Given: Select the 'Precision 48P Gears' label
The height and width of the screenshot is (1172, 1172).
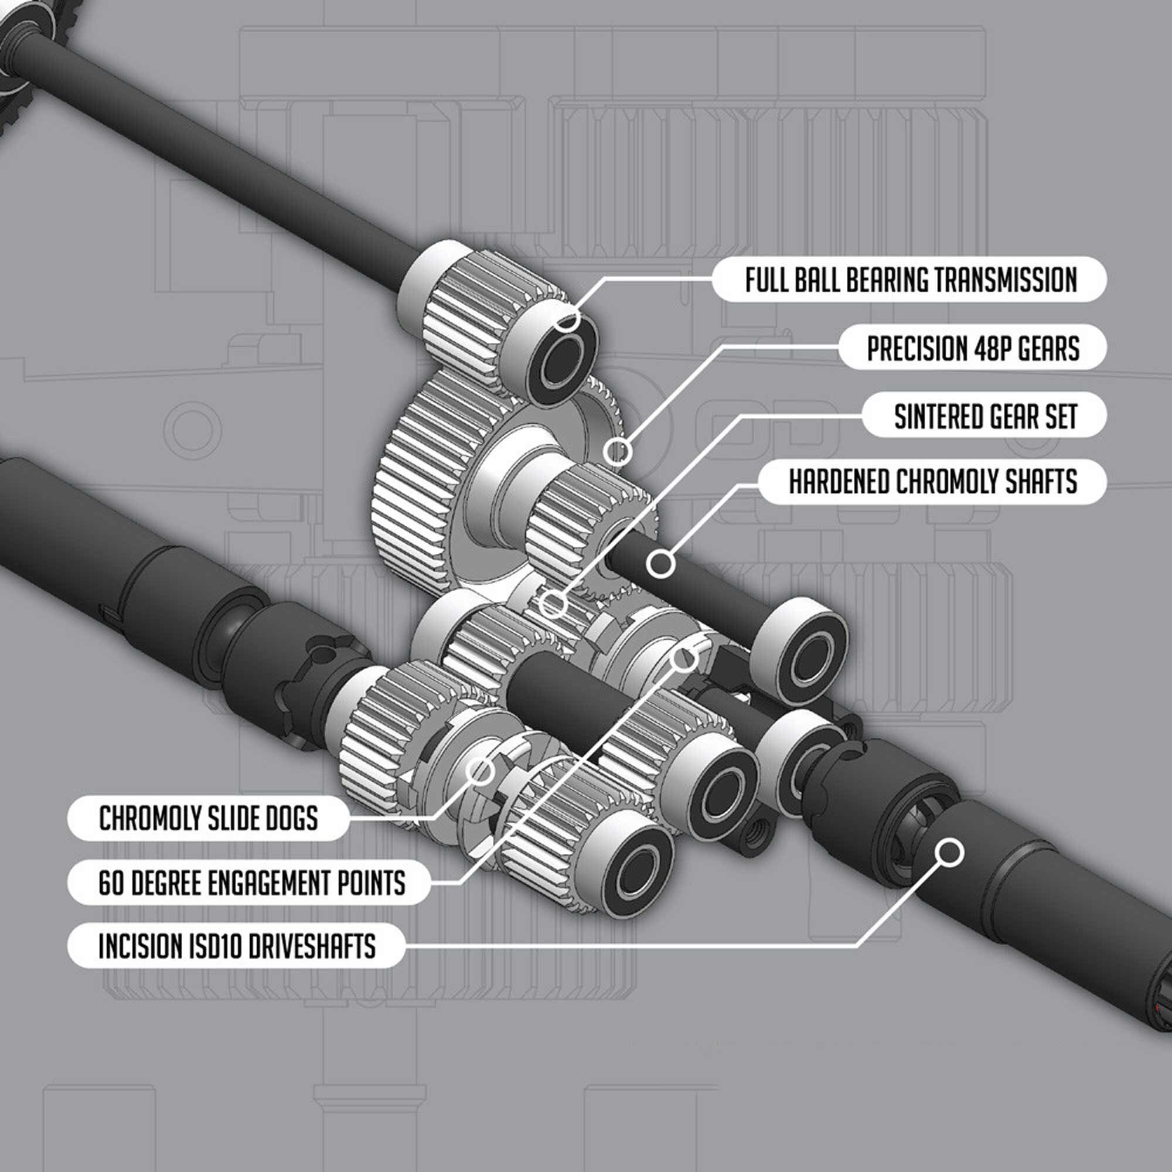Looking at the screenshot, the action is (972, 348).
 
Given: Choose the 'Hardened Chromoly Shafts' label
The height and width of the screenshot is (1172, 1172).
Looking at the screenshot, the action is (932, 482).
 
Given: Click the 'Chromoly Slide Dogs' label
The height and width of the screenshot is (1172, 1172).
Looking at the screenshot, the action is (209, 818).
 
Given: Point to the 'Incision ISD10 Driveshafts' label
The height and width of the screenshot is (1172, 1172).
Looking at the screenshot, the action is (236, 946).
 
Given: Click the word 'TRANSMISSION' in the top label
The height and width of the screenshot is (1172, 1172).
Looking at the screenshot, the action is (1005, 280).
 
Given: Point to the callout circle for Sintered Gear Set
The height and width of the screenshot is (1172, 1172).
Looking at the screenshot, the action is (552, 604).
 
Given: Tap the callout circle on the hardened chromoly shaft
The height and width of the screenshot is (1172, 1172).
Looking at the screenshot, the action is (660, 564).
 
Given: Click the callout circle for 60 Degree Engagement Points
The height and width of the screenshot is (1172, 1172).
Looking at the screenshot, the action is (684, 657).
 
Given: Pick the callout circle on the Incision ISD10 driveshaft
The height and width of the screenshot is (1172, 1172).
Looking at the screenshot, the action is (949, 852).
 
